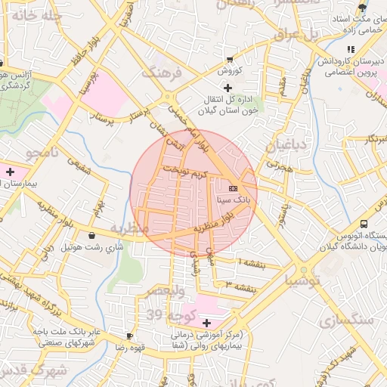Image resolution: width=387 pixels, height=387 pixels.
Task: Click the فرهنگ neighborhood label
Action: (162, 73)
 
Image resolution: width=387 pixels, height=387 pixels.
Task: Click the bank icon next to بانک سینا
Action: (232, 188)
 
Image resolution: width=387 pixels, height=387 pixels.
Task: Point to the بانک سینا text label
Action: (231, 201)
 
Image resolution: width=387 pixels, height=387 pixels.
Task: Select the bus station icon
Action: (364, 224)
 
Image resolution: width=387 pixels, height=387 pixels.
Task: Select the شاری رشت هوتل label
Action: (91, 247)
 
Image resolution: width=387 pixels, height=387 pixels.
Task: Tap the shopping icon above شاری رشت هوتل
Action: (92, 235)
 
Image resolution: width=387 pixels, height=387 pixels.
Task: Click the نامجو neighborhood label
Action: (42, 153)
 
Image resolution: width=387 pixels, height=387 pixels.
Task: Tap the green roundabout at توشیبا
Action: (305, 271)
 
